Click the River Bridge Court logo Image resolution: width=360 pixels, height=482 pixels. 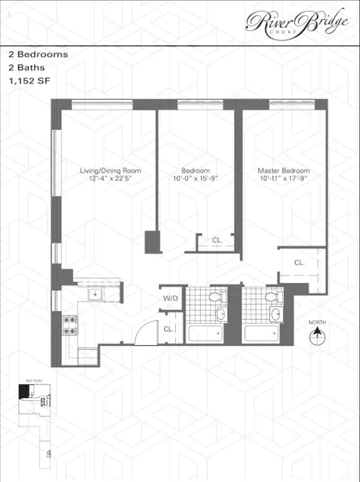point(297,22)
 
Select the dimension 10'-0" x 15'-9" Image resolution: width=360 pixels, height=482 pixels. point(195,178)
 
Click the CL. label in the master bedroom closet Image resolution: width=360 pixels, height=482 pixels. point(299,263)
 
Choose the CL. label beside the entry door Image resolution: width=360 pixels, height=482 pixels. point(169,329)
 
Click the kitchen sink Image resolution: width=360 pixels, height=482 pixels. point(95,294)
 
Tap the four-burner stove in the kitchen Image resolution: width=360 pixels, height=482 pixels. point(70,325)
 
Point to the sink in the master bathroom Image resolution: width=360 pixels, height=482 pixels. point(276,314)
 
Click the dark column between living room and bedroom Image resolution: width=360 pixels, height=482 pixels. point(153,242)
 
